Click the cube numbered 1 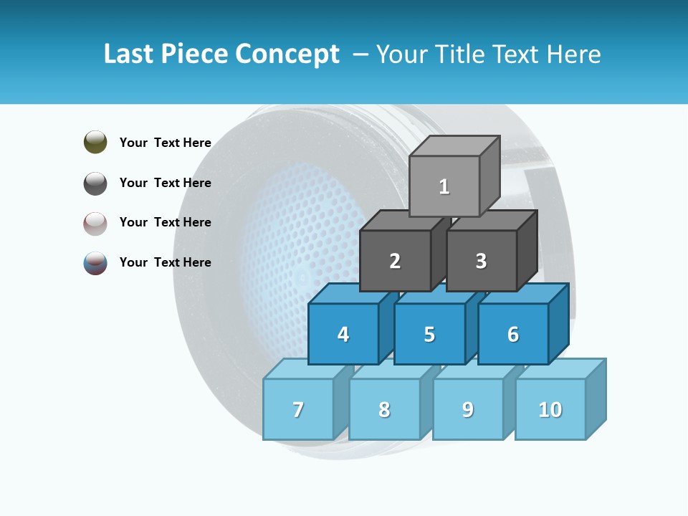[x=444, y=186]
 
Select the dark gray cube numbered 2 [x=395, y=261]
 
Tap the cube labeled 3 [x=481, y=261]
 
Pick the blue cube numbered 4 [x=343, y=334]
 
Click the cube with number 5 [x=429, y=334]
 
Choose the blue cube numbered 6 [x=513, y=334]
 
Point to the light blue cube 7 [x=298, y=409]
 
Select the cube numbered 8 [x=384, y=409]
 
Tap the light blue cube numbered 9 [x=468, y=409]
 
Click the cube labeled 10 [x=550, y=409]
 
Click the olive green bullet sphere [x=95, y=142]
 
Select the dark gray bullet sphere [x=95, y=183]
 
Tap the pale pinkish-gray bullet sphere [x=95, y=223]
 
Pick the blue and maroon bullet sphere [x=95, y=263]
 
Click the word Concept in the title [x=287, y=54]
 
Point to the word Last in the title [x=129, y=54]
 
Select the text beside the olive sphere [x=166, y=143]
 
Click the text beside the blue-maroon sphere [x=166, y=262]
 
